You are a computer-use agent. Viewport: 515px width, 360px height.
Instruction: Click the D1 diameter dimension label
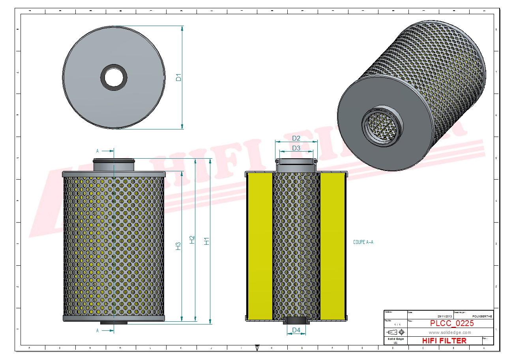[178, 77]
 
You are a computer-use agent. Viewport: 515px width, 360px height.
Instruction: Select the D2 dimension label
[296, 138]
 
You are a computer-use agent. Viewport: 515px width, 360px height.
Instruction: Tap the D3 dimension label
[296, 148]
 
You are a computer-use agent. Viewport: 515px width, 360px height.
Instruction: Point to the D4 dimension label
[296, 330]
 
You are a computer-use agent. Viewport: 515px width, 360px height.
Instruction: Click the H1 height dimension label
[206, 241]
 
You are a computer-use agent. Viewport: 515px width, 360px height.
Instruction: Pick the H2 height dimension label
[192, 240]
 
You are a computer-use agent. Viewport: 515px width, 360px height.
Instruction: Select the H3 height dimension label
[178, 246]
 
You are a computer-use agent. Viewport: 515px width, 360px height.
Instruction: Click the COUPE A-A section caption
[363, 242]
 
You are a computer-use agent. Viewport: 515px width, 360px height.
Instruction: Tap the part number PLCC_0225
[452, 323]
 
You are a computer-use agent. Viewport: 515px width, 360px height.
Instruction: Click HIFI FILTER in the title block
[444, 341]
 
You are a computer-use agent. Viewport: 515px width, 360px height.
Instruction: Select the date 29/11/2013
[445, 316]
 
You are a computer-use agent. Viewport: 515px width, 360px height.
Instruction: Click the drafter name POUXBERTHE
[482, 316]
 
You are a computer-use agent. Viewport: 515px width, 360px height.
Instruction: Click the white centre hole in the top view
[114, 77]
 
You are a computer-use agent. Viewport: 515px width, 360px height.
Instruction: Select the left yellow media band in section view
[260, 246]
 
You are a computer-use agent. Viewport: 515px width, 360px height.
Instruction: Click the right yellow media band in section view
[333, 246]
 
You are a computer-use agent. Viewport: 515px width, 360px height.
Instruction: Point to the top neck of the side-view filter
[114, 165]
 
